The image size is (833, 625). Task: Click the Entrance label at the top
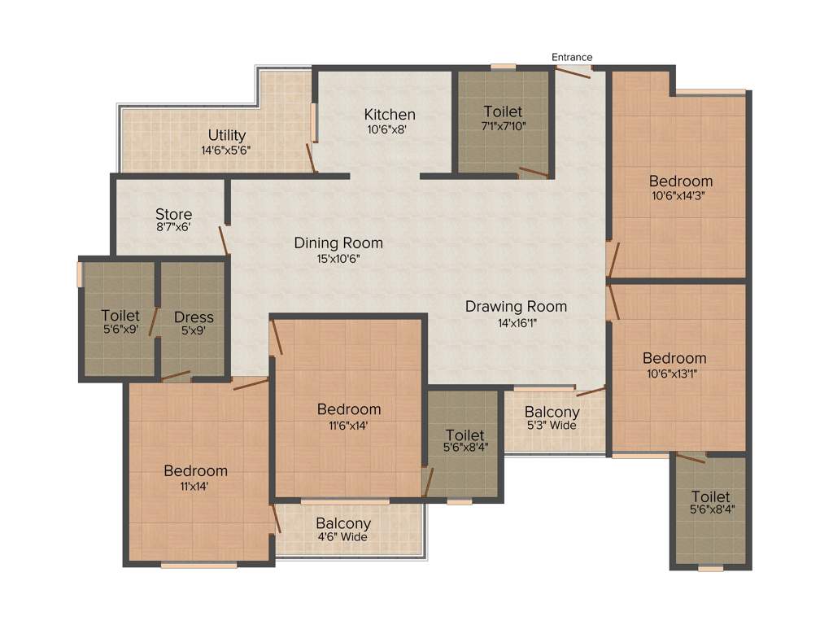[x=572, y=57]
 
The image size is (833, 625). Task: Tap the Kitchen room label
[x=390, y=115]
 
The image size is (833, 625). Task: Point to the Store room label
[x=174, y=215]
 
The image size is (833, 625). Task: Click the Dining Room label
[x=338, y=243]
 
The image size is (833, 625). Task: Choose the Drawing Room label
[x=516, y=307]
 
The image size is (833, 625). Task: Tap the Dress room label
[x=194, y=317]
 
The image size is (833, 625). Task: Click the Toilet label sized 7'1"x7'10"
[x=503, y=111]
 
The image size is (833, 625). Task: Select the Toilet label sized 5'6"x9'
[x=120, y=316]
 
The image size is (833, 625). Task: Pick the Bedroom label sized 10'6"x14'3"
[x=681, y=181]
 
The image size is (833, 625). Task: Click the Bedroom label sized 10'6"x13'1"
[x=674, y=358]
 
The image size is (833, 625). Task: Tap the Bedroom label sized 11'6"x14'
[x=349, y=409]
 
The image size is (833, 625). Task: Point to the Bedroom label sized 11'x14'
[x=195, y=471]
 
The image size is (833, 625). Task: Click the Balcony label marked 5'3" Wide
[x=552, y=413]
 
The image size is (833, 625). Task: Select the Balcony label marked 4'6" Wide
[x=343, y=524]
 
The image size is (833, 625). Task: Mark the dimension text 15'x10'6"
[x=338, y=259]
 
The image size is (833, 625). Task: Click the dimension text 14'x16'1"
[x=516, y=323]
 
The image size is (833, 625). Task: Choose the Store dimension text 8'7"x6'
[x=174, y=228]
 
